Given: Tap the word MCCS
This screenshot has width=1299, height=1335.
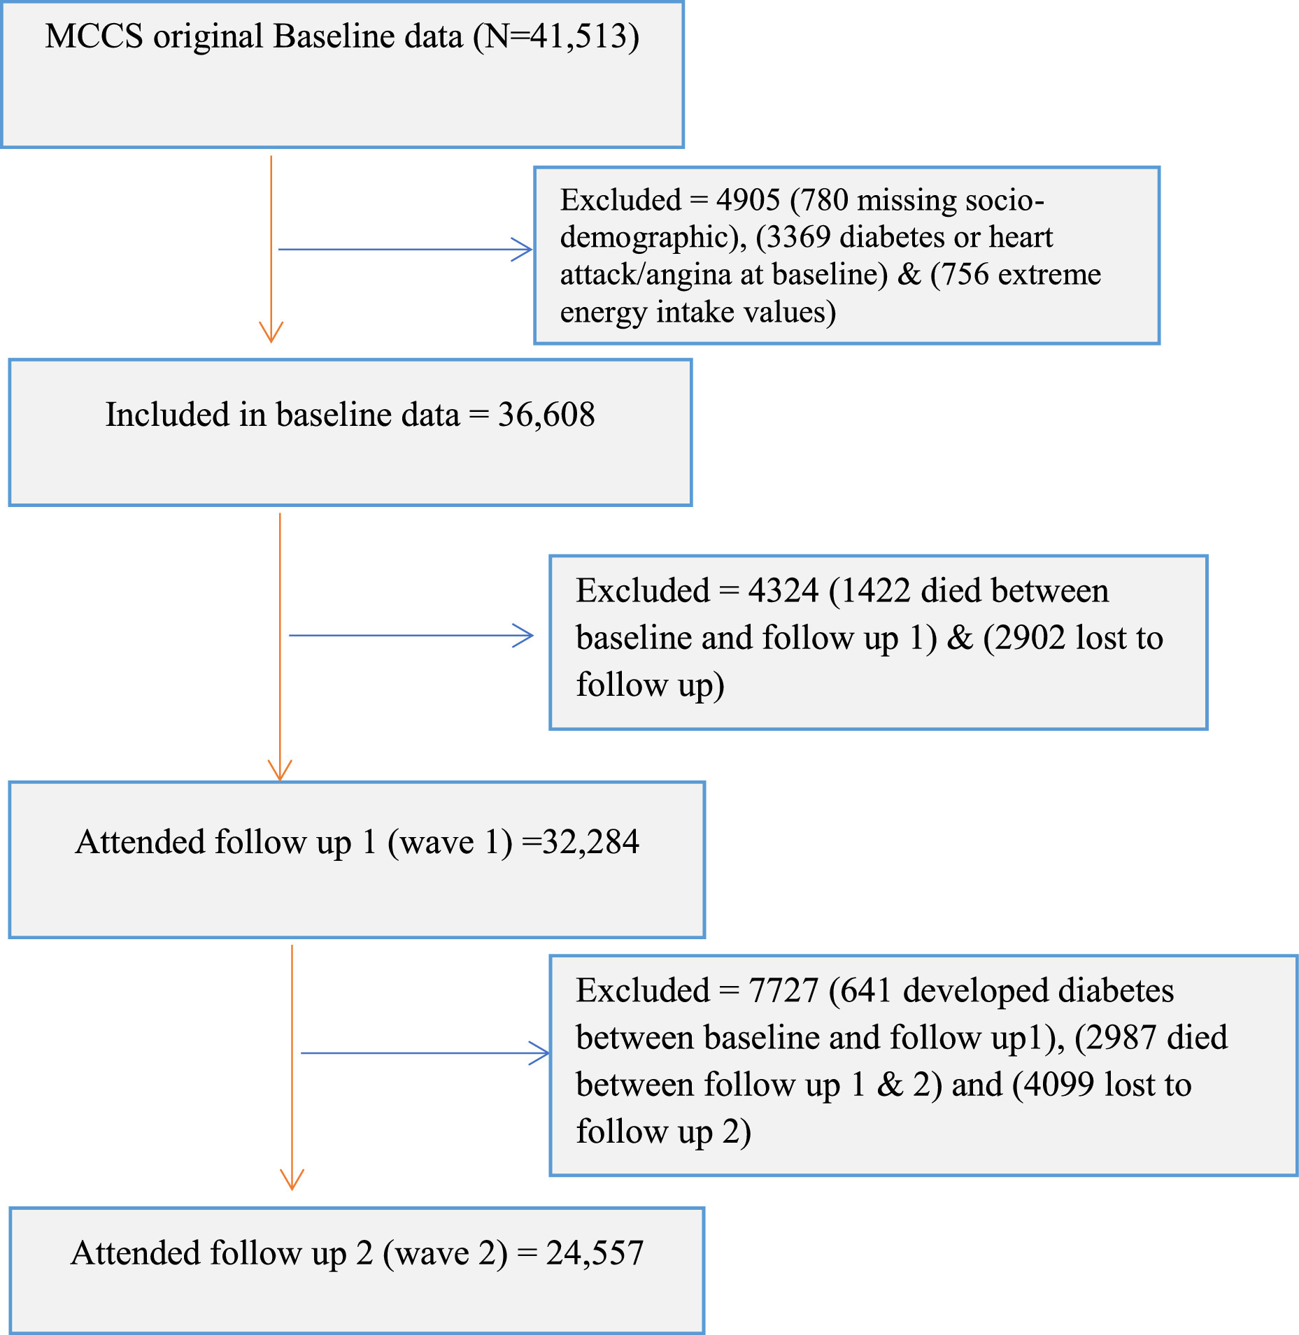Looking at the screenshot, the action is (94, 36).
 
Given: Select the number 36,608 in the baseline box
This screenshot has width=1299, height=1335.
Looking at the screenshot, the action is (546, 415).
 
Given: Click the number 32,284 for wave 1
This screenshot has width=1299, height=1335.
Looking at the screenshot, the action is (590, 842).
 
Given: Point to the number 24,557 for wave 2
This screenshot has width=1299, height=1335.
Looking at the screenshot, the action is (595, 1253).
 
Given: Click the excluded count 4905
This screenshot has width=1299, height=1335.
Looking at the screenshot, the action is (748, 200).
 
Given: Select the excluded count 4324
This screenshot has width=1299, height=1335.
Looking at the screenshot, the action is (783, 591).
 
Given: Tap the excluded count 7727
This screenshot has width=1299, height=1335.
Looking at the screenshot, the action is (783, 991).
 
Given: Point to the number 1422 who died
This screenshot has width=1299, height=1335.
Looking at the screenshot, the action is (875, 591).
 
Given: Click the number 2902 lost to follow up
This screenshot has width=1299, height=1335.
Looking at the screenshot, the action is (1030, 638).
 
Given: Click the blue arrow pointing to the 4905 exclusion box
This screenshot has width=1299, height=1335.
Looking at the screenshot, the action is (406, 250).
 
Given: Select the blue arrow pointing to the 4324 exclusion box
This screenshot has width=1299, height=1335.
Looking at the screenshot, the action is (411, 636).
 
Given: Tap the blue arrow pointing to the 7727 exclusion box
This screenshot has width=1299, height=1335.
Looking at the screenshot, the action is (425, 1053).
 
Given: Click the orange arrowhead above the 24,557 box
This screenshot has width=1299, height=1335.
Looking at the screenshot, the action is (292, 1180).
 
